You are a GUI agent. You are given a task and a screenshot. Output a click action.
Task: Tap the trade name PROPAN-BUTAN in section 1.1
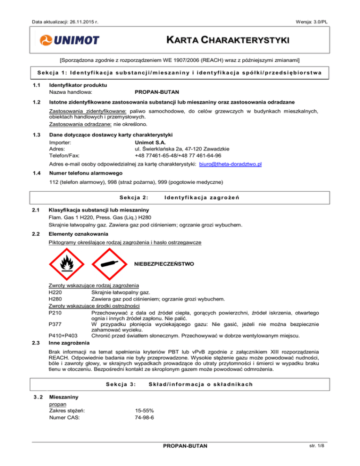(x=157, y=93)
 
